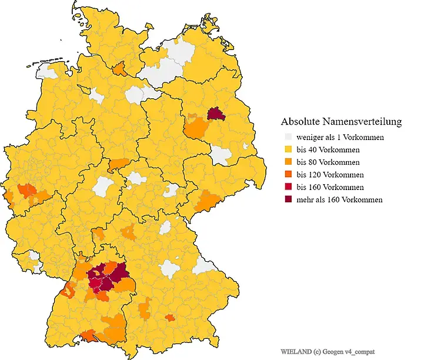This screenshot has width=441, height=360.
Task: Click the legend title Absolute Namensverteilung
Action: (x=341, y=122)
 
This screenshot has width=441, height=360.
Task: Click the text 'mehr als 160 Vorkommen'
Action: (x=339, y=200)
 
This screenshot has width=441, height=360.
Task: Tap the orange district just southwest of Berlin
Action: (x=196, y=127)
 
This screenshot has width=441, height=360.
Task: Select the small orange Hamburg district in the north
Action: (x=120, y=69)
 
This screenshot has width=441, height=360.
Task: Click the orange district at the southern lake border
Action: (x=90, y=336)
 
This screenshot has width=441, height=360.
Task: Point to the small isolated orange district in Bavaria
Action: (x=170, y=318)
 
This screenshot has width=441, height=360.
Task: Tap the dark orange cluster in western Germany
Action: (x=27, y=191)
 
